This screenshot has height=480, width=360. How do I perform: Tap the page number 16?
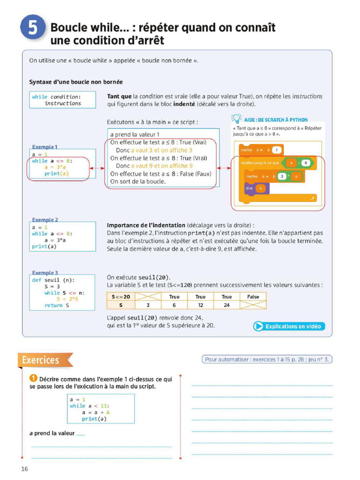pos(24,469)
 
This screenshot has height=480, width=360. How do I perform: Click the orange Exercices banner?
pos(44,360)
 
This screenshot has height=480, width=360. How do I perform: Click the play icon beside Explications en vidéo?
pos(258,326)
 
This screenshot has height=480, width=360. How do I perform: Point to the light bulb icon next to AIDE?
pos(237,119)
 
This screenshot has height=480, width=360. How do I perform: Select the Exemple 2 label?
pos(45,220)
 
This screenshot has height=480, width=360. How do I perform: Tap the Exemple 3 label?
pos(45,273)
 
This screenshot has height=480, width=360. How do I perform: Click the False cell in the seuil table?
pos(253,297)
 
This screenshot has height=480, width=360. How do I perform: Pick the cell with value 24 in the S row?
pos(226,305)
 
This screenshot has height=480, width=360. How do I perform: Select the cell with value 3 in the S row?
pos(148,305)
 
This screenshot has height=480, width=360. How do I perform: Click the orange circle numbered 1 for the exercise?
pos(33,379)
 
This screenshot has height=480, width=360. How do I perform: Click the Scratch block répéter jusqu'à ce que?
pos(260,163)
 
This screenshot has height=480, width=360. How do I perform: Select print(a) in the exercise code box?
pos(94,419)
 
